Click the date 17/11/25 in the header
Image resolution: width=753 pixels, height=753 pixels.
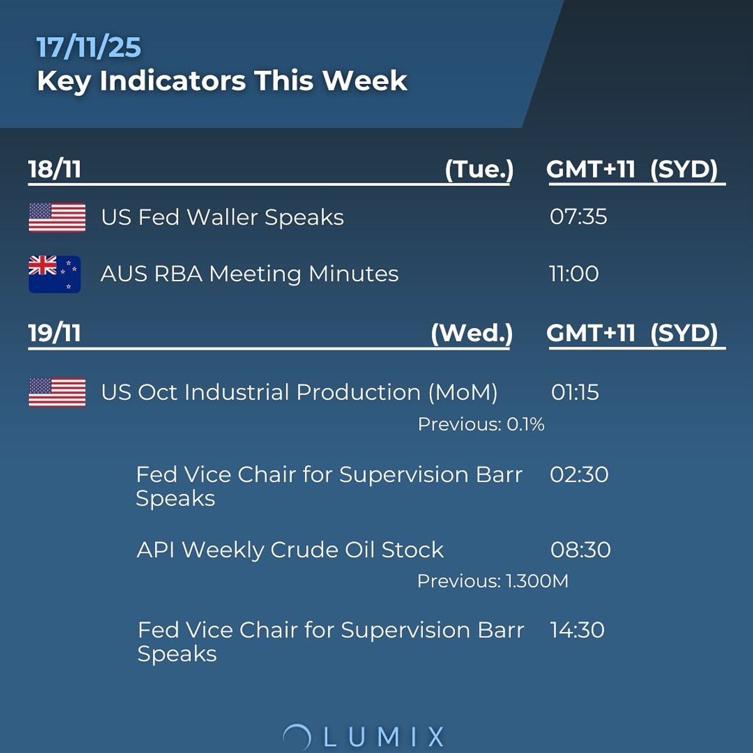point(88,48)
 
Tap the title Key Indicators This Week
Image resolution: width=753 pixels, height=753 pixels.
point(222,81)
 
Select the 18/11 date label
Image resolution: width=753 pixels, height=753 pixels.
point(55,169)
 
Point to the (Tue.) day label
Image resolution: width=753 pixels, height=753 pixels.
point(479,169)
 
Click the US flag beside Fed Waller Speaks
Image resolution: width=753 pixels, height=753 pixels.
point(57,217)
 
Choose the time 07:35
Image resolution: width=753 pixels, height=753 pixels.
point(578,217)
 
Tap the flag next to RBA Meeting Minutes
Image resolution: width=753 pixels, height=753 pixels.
point(55,274)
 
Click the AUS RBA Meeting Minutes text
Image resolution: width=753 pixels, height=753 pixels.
point(249,274)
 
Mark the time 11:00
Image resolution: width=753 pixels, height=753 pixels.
point(574,274)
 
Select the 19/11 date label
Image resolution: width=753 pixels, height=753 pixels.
point(55,333)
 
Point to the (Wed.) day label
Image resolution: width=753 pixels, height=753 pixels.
point(471,333)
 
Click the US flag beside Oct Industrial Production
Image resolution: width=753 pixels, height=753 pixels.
point(57,392)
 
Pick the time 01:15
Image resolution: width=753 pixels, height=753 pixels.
point(575,393)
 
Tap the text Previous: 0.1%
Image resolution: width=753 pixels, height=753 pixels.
point(481,425)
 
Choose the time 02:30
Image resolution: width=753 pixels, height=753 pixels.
point(579,474)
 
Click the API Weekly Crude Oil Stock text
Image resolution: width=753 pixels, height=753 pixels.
point(290,550)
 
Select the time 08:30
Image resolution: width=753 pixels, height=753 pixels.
point(580,550)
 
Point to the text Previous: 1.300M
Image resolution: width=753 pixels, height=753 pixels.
point(493,581)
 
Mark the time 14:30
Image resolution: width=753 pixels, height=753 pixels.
point(577,630)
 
